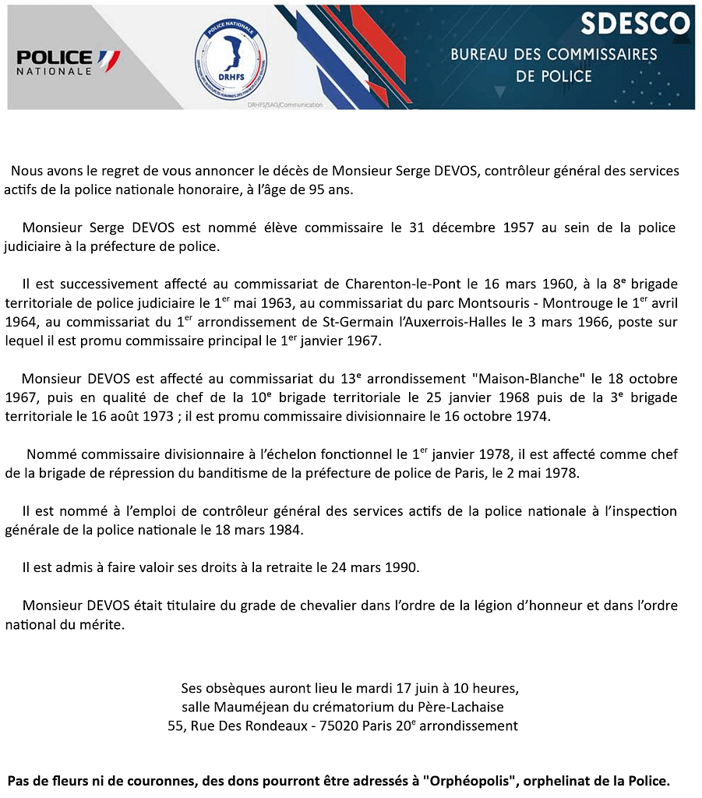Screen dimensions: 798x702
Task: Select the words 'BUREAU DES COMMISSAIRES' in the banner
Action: click(554, 55)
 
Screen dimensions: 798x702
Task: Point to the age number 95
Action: click(301, 190)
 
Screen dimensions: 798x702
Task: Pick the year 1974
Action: click(531, 417)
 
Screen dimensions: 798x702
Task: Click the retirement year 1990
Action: click(401, 567)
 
